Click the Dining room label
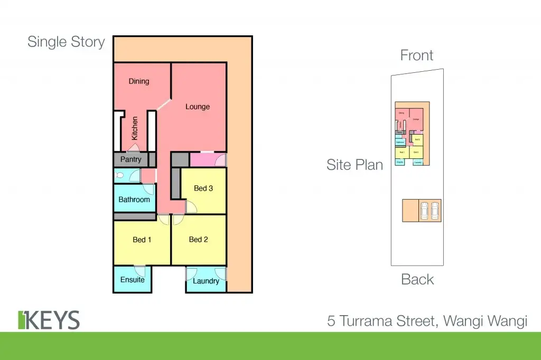coord(139,81)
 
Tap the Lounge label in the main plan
coord(198,107)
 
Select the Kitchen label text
coord(135,128)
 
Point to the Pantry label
coord(130,159)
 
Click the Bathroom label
coord(134,200)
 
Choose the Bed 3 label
coord(203,188)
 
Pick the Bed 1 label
coord(142,240)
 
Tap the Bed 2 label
coord(199,240)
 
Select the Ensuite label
coord(132,279)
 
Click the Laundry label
coord(206,281)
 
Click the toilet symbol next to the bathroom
coord(119,176)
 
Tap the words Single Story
coord(66,42)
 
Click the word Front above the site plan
coord(417,55)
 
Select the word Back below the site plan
coord(417,279)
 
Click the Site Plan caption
coord(355,165)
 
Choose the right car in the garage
coord(435,211)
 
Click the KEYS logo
coord(49,320)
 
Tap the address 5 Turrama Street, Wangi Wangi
coord(427,320)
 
